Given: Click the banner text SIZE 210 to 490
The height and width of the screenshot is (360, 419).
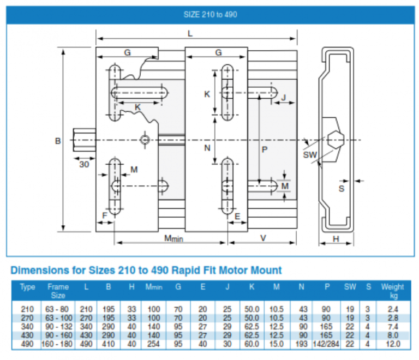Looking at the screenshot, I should [210, 15].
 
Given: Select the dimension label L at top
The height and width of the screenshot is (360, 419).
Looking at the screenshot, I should [190, 33].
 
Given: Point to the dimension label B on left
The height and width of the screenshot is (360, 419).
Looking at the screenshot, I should [57, 141].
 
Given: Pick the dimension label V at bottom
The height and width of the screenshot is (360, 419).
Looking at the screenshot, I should [263, 238].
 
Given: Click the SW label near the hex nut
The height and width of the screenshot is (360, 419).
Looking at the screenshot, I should [310, 155].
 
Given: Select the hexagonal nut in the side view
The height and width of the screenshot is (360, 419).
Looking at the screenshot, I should [335, 140].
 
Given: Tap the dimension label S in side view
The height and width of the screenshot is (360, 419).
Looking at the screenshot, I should [342, 188].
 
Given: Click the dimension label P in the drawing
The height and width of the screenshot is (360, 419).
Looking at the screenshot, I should [265, 150].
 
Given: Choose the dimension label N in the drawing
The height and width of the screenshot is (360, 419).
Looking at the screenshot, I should [207, 148].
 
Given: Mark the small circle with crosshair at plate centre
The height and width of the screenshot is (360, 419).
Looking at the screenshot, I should [145, 140].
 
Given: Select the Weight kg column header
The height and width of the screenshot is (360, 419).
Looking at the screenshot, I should [392, 291].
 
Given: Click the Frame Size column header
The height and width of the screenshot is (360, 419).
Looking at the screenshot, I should [58, 291].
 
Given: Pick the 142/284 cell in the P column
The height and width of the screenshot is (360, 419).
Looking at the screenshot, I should [325, 344].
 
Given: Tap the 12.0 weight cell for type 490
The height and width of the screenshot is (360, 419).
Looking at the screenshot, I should [392, 344].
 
